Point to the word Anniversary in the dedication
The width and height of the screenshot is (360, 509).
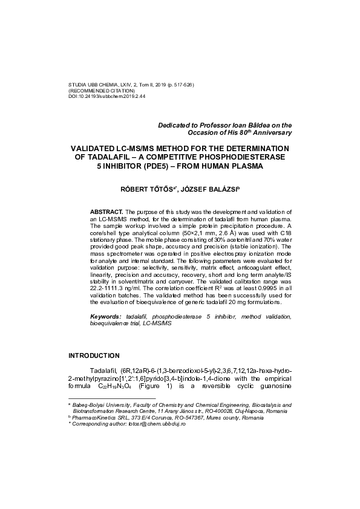[270, 132]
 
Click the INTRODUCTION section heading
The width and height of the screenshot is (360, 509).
[93, 355]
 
